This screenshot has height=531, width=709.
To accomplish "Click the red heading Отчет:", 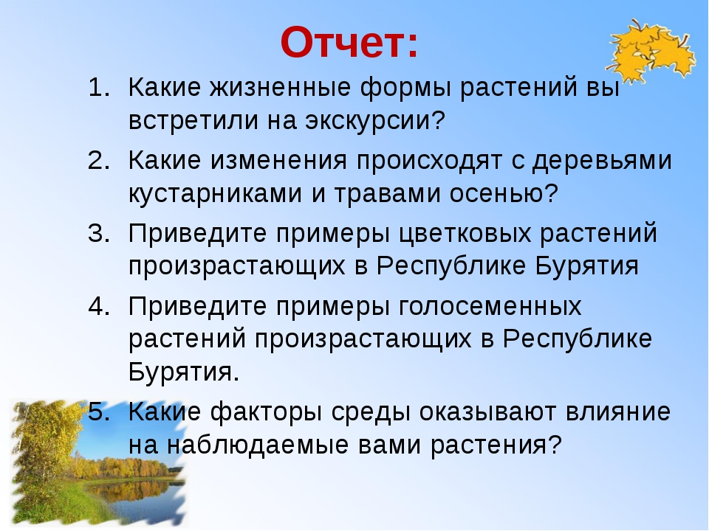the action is pos(349,43).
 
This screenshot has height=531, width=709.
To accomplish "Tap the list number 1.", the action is pos(99,87).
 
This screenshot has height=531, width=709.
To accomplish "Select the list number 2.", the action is pos(99,160).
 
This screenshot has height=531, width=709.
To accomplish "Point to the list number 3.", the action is pos(99,233).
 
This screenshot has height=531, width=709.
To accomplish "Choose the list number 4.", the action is pos(99,306).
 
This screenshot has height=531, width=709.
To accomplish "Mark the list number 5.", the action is pos(99,412).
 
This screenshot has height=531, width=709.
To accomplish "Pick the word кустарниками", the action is pos(215,193).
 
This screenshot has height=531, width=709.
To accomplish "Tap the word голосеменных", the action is pos(490,307).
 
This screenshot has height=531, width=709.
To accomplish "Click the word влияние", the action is pos(617,412).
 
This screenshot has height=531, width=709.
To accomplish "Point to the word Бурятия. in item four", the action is pos(184,372).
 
